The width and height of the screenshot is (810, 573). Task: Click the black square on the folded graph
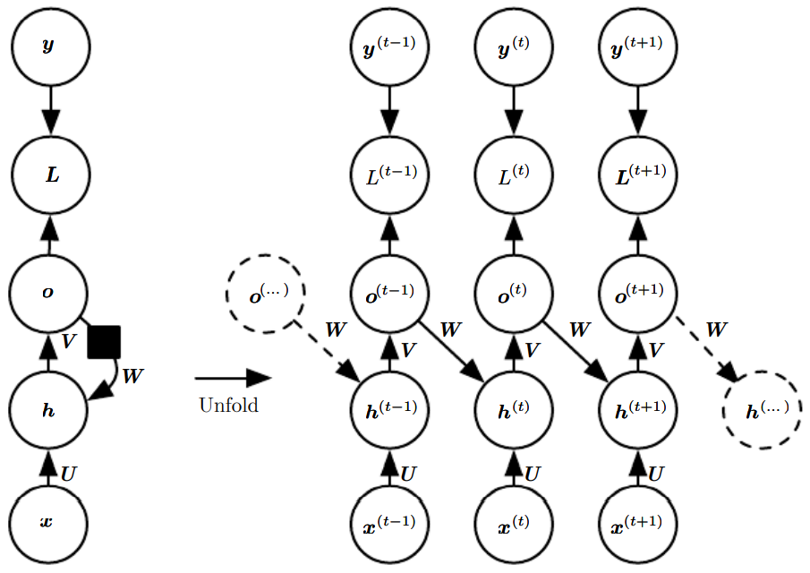point(105,342)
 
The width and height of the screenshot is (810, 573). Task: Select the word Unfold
point(228,405)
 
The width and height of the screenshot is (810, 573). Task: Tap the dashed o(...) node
point(267,293)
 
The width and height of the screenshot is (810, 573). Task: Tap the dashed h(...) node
point(763,409)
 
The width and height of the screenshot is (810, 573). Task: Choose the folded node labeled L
point(48,175)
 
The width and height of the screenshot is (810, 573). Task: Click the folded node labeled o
point(48,293)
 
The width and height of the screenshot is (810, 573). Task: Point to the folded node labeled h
point(48,409)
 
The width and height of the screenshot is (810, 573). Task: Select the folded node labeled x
point(48,522)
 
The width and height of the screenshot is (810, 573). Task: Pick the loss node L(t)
point(514,175)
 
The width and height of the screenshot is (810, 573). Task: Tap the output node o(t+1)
point(638,293)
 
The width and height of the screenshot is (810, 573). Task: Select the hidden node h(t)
point(514,409)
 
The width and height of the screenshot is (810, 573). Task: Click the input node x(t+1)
point(638,522)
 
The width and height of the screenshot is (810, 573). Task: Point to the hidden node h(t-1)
point(389,409)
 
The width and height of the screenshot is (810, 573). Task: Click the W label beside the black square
point(132,376)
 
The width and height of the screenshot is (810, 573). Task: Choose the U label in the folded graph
point(68,469)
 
